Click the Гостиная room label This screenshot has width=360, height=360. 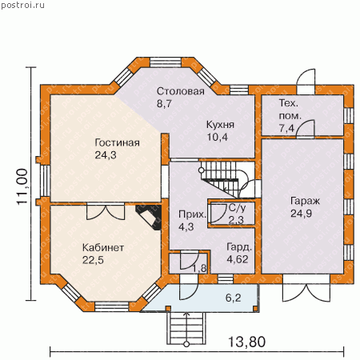[x=117, y=143]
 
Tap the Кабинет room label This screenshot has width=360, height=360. [x=103, y=248]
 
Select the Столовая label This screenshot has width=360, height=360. [x=181, y=91]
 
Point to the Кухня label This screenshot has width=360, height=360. [x=220, y=125]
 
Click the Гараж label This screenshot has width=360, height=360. [x=305, y=201]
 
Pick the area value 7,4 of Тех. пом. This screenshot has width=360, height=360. [x=286, y=128]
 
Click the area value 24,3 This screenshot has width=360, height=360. [x=106, y=155]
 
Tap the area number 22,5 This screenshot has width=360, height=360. [x=93, y=260]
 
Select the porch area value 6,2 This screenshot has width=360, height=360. [x=234, y=298]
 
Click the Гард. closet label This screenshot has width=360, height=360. [x=239, y=247]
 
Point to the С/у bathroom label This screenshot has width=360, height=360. [x=238, y=208]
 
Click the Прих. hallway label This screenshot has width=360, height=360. [x=192, y=214]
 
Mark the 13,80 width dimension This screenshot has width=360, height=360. [x=247, y=342]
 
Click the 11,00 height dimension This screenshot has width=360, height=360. [x=22, y=186]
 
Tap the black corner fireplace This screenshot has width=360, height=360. [x=149, y=217]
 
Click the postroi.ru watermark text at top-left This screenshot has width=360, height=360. [x=23, y=5]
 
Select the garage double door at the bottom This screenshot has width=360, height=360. [x=306, y=290]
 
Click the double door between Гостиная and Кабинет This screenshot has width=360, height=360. [x=106, y=211]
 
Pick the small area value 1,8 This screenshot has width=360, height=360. [x=199, y=268]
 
